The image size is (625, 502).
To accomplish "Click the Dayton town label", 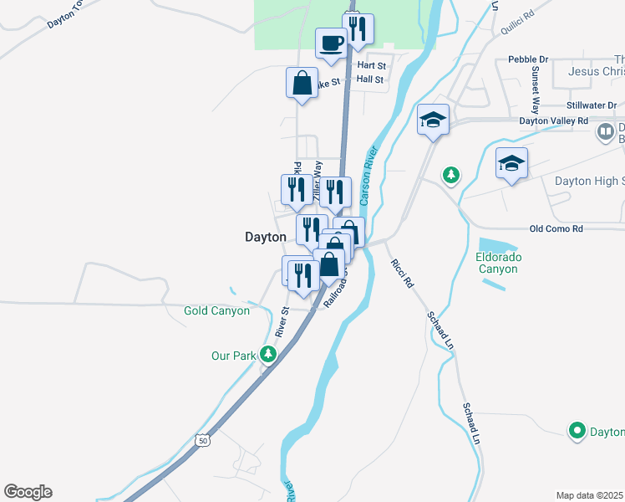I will (x=265, y=237).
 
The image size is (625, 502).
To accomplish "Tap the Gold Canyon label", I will (x=216, y=310).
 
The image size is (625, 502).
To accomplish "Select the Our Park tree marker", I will (x=268, y=355).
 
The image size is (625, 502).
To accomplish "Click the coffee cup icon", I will (x=331, y=43).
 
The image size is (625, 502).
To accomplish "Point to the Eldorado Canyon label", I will (x=499, y=263).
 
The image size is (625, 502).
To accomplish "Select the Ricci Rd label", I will (x=402, y=274).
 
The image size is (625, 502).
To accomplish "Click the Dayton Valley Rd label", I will (x=554, y=120).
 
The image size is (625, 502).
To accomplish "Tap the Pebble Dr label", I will (x=528, y=59).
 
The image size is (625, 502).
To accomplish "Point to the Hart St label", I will (x=371, y=64).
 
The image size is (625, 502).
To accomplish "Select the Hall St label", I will (x=369, y=79).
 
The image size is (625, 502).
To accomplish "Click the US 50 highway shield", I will (x=202, y=439).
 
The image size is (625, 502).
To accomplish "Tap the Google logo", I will (x=28, y=492).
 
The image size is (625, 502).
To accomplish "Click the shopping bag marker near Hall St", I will (x=302, y=83).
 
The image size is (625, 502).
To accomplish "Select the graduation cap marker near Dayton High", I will (x=511, y=163).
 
